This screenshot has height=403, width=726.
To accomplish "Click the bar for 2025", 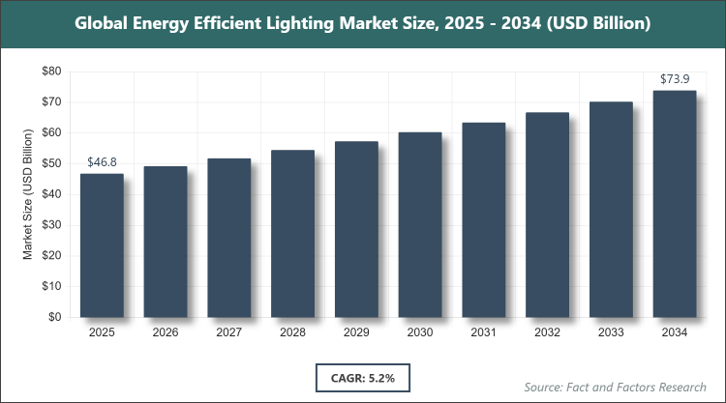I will tap(102, 245).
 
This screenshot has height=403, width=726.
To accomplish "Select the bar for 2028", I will tap(292, 234).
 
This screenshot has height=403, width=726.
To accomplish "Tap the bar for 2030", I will tap(420, 225).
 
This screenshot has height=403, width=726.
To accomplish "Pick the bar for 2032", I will tap(547, 215).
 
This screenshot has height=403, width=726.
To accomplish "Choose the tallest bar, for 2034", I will tap(675, 204).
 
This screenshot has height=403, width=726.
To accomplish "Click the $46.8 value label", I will tap(102, 163).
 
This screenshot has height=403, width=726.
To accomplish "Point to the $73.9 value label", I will tap(675, 79).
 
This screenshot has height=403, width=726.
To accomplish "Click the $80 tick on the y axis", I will tap(50, 72).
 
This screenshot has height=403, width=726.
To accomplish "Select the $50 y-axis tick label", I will tap(50, 163).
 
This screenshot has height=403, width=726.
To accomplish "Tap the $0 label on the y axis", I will tap(55, 317).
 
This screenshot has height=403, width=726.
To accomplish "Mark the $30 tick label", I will tap(50, 225).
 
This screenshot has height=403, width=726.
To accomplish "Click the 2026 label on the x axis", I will tap(166, 333).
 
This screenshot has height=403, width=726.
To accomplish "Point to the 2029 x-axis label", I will tap(356, 333).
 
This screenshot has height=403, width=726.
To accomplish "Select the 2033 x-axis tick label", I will tap(611, 333).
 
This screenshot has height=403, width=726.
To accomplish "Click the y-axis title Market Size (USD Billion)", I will tap(29, 194).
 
